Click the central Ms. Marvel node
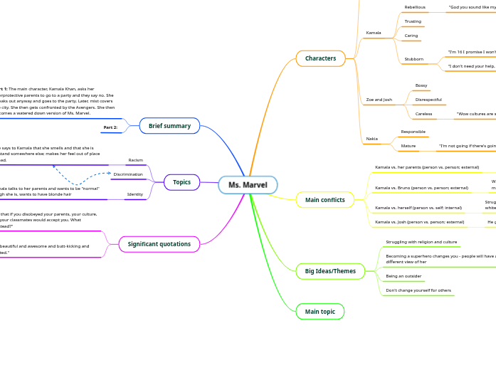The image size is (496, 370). click(x=248, y=185)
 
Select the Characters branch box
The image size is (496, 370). click(x=320, y=58)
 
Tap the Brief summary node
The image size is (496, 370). click(x=169, y=126)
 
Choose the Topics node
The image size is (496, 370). click(x=181, y=182)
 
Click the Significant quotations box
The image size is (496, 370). click(x=159, y=244)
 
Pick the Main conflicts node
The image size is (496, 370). click(x=324, y=200)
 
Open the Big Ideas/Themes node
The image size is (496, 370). click(x=329, y=271)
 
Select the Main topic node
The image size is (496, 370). click(x=320, y=312)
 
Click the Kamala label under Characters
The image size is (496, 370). click(x=374, y=33)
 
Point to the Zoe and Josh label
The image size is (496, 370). click(x=379, y=100)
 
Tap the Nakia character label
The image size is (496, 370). click(x=371, y=138)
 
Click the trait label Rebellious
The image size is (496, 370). click(x=415, y=7)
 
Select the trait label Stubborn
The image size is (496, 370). click(x=413, y=59)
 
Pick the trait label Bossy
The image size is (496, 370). click(x=421, y=85)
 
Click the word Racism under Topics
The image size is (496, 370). click(x=135, y=160)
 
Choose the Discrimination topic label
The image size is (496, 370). click(x=128, y=174)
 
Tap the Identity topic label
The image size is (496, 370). click(x=135, y=194)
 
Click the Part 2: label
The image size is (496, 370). click(x=110, y=127)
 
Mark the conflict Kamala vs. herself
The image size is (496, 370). click(x=418, y=208)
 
